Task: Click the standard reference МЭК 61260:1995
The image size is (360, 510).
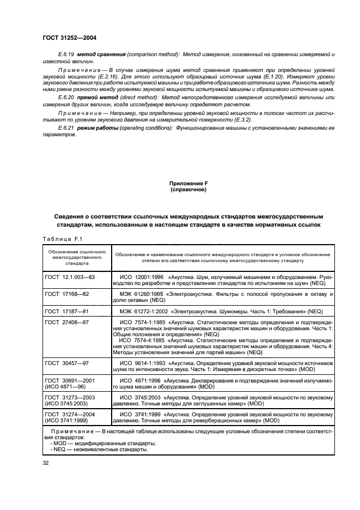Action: tap(139, 294)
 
